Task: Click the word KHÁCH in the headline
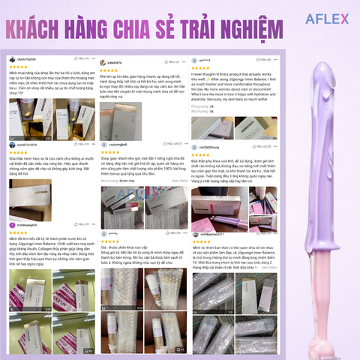coord(45,32)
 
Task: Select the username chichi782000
coord(28,58)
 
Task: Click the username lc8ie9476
coord(115,62)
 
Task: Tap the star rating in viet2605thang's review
coord(203,155)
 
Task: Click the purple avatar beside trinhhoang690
coord(12,225)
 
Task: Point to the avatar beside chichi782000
coord(12,58)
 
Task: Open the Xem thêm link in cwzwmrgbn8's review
coord(180,181)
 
